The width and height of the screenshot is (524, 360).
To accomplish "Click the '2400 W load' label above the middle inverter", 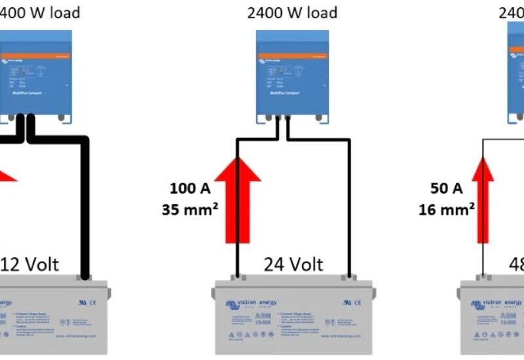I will coord(292,12).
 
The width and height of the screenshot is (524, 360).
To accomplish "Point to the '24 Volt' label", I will coord(293,264).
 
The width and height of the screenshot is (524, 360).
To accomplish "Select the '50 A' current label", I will coord(447,190).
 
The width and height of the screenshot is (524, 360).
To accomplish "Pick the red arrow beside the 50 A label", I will coord(483,203).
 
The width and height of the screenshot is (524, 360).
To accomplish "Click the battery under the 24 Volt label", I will coord(293,317).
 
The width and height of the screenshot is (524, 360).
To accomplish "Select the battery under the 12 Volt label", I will coord(46,317).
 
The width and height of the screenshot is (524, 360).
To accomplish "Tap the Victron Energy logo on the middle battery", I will coord(251,303).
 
